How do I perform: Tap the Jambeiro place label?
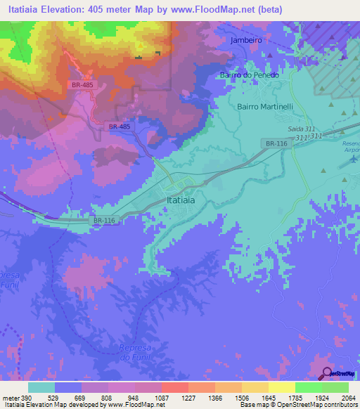246,41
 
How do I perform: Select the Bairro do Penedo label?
250,74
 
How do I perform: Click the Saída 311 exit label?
302,129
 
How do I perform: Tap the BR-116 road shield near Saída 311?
276,143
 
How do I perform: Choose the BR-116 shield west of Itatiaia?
103,220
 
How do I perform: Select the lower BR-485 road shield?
120,126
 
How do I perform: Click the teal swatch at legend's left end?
41,387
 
